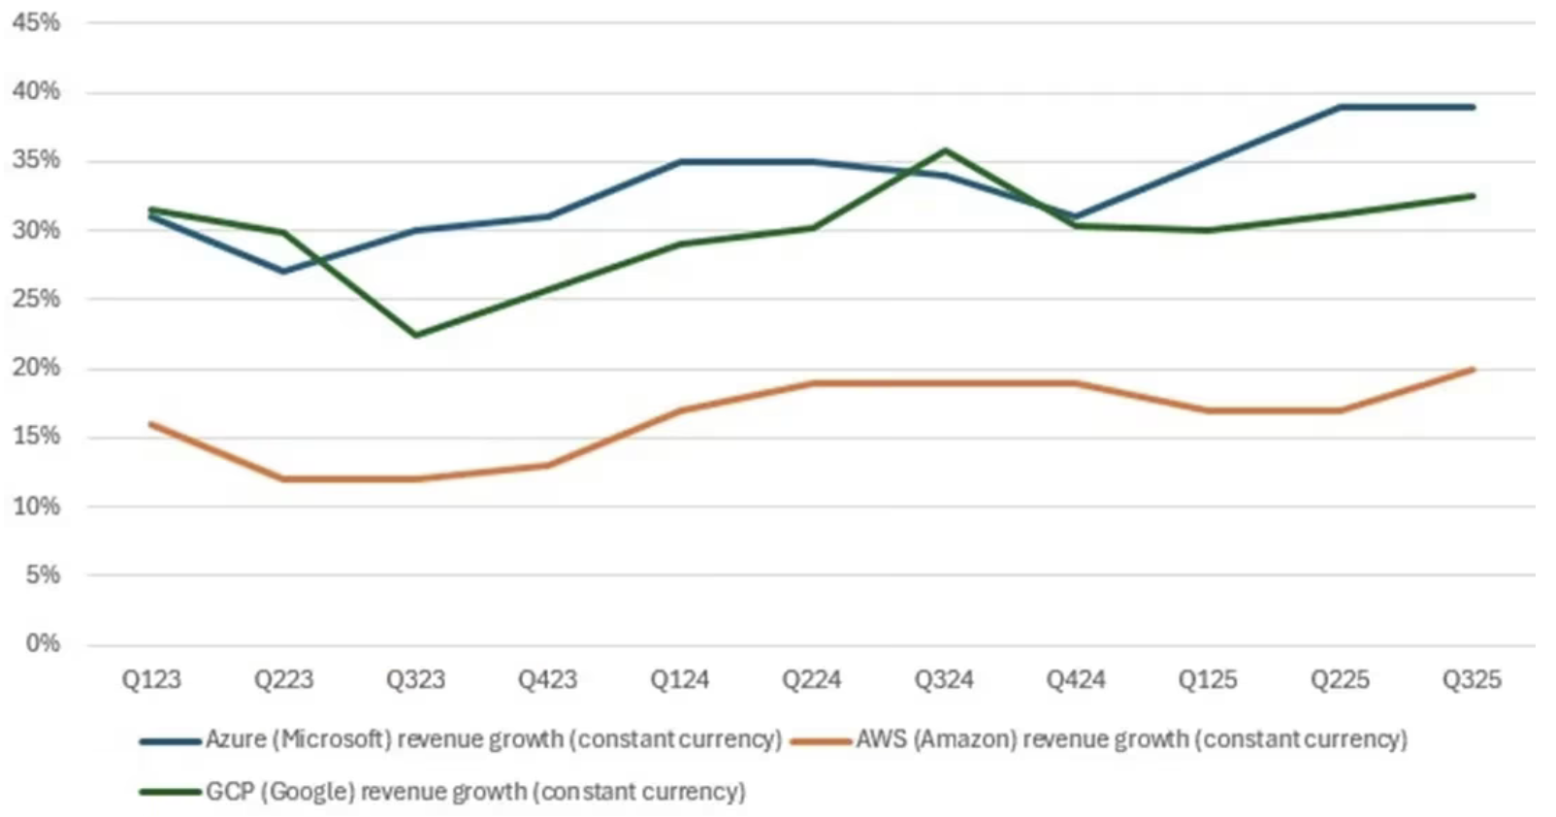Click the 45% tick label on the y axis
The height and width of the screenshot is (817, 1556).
[36, 22]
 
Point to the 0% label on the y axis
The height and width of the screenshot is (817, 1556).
[43, 643]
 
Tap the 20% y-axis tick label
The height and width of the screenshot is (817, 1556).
[36, 368]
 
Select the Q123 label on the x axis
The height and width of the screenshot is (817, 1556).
[151, 679]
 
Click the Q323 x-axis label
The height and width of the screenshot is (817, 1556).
[415, 679]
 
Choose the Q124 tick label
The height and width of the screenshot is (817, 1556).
[679, 679]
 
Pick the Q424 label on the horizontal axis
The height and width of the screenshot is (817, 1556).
[1075, 679]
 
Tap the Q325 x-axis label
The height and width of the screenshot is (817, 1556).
[1471, 679]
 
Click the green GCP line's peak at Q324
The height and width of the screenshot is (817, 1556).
[944, 149]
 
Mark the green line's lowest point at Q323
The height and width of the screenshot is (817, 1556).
[416, 336]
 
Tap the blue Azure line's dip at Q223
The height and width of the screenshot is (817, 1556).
[283, 272]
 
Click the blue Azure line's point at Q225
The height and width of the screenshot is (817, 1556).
[1340, 107]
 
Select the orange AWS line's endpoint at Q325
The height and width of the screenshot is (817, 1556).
[1473, 369]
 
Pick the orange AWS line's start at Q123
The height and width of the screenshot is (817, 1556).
[151, 424]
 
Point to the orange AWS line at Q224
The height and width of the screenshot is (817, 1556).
[812, 383]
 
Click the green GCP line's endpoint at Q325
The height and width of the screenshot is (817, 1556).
[1473, 196]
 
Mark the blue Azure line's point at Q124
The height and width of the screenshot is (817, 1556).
[679, 162]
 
